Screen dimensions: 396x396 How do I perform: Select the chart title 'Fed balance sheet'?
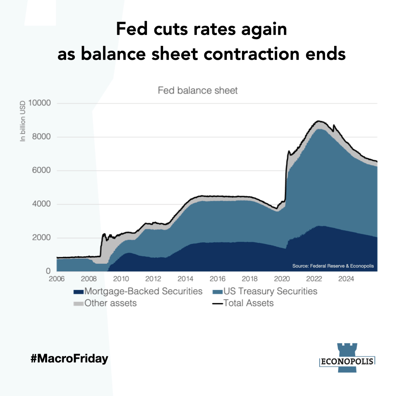click(198, 91)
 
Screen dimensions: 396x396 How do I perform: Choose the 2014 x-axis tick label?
click(186, 278)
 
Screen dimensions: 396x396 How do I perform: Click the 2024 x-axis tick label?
click(347, 278)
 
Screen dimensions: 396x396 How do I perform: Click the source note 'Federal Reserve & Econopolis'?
click(333, 266)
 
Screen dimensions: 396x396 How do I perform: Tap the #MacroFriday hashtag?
click(69, 359)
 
